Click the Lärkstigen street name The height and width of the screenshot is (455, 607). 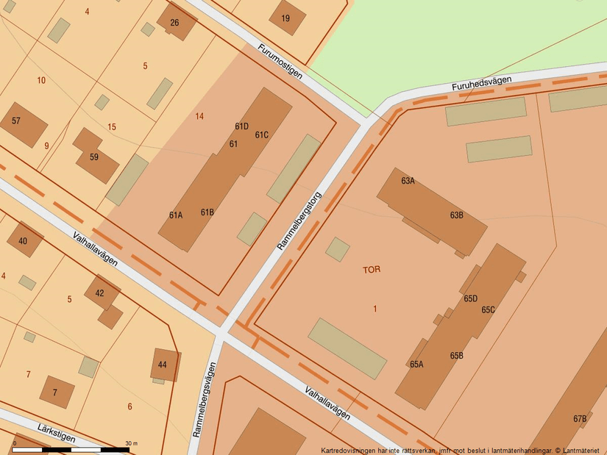[x=56, y=432]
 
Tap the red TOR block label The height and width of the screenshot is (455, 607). [x=372, y=270]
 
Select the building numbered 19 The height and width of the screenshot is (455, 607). [x=285, y=18]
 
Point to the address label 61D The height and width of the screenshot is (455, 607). [x=241, y=126]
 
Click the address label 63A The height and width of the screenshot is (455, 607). [x=408, y=181]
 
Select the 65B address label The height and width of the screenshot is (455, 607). [x=456, y=356]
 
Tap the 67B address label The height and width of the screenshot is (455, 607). [x=580, y=419]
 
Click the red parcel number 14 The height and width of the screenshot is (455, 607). [x=199, y=116]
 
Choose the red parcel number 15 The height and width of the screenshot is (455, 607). [x=112, y=127]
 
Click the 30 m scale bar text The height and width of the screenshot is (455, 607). [x=132, y=443]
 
